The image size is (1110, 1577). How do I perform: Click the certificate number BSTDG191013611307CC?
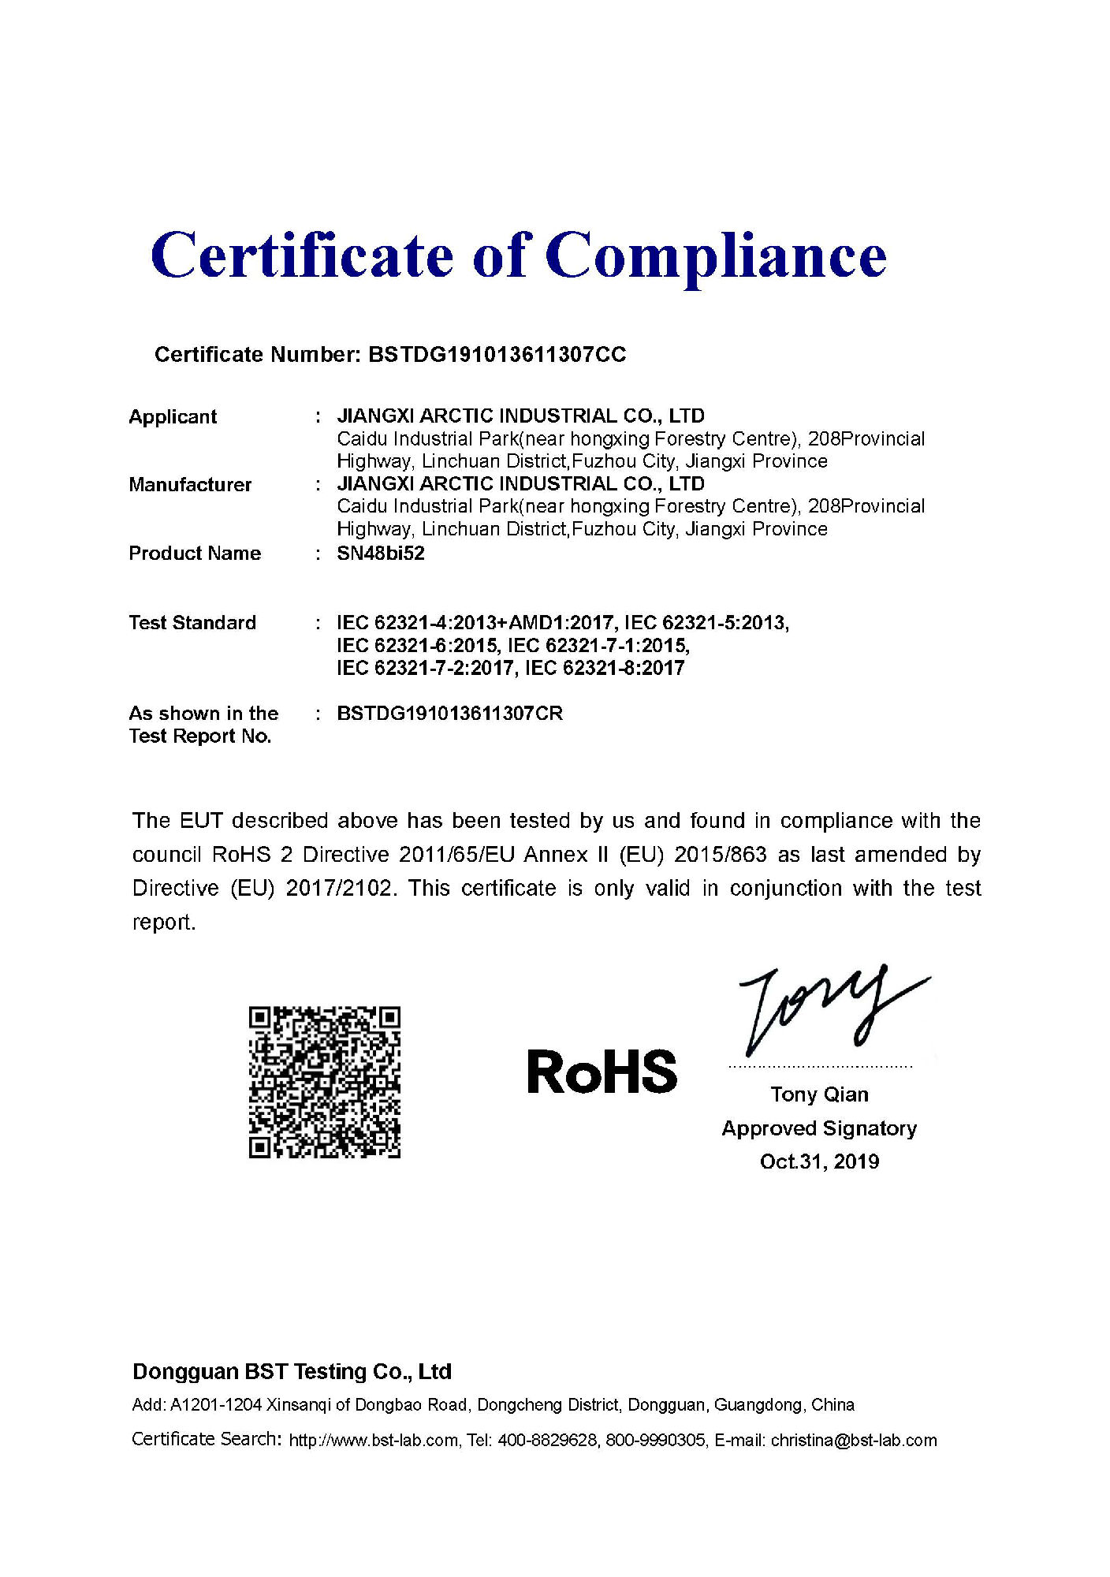pyautogui.click(x=497, y=355)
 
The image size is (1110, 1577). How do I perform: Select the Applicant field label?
pyautogui.click(x=173, y=417)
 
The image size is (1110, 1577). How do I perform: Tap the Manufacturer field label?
pyautogui.click(x=190, y=485)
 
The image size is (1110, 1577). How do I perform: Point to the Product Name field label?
pyautogui.click(x=195, y=554)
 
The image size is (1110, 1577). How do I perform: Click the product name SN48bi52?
pyautogui.click(x=381, y=554)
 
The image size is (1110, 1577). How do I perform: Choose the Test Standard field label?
pyautogui.click(x=192, y=623)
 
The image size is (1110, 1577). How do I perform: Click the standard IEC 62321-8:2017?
pyautogui.click(x=605, y=669)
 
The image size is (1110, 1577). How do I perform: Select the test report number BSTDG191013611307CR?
pyautogui.click(x=449, y=714)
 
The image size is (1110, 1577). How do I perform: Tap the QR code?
pyautogui.click(x=325, y=1082)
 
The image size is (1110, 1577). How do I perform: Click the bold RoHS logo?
pyautogui.click(x=602, y=1072)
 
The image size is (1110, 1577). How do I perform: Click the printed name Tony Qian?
pyautogui.click(x=819, y=1094)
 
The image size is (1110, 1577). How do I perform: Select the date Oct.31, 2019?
pyautogui.click(x=819, y=1161)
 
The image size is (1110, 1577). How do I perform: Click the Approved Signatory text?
pyautogui.click(x=819, y=1128)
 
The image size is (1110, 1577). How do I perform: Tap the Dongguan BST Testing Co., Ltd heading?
pyautogui.click(x=292, y=1372)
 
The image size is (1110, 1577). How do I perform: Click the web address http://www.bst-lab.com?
pyautogui.click(x=373, y=1441)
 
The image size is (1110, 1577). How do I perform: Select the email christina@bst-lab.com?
pyautogui.click(x=854, y=1441)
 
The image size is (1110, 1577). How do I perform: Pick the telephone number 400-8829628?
pyautogui.click(x=547, y=1441)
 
